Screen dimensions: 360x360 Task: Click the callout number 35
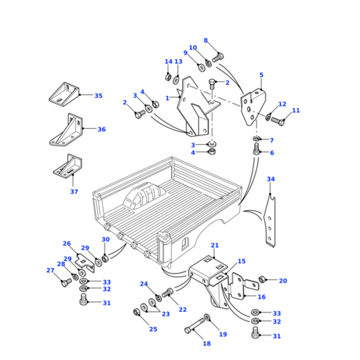99,95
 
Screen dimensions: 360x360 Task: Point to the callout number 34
271,179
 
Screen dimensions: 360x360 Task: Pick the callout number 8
205,41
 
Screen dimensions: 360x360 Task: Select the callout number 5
261,75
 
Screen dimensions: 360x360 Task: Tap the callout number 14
168,61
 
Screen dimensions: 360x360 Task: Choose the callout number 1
167,98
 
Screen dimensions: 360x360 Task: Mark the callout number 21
214,246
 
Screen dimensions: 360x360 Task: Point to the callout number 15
241,261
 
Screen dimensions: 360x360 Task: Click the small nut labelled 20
264,279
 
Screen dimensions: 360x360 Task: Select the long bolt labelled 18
192,330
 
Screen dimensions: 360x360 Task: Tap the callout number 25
153,329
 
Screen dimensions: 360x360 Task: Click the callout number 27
50,271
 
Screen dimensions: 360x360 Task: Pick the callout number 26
67,243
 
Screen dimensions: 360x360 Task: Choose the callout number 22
183,309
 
